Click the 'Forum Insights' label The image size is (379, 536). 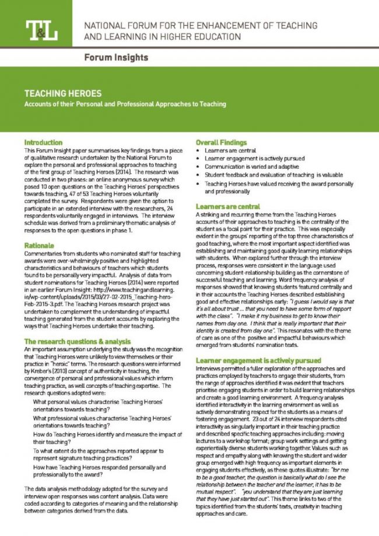115,58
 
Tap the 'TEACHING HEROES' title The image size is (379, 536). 62,93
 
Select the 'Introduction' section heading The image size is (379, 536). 43,142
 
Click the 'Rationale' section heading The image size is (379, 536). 39,246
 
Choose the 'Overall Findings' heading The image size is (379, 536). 222,142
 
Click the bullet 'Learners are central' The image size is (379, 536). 230,150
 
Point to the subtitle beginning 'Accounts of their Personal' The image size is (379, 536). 125,104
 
